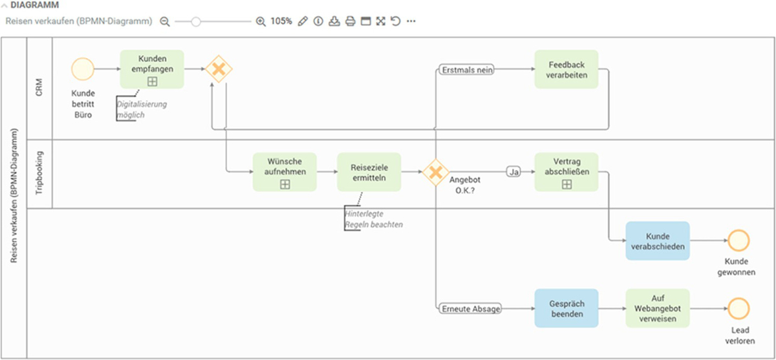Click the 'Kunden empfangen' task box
click(152, 69)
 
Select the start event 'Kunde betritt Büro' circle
click(83, 69)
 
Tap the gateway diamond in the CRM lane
click(219, 69)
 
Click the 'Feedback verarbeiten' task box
click(566, 69)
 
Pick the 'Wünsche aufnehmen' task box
click(285, 172)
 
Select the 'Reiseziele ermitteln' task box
click(369, 172)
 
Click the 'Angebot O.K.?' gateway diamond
click(436, 173)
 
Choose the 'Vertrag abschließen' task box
click(566, 172)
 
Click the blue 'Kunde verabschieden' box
click(658, 241)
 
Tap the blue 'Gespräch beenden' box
click(566, 308)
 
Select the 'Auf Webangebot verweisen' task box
click(658, 308)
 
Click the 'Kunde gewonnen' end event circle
click(738, 241)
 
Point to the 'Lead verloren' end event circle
click(738, 308)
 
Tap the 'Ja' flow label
click(515, 173)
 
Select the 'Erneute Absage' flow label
click(470, 309)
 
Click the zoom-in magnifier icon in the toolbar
click(261, 21)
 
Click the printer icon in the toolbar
click(350, 21)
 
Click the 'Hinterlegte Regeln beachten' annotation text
click(374, 218)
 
